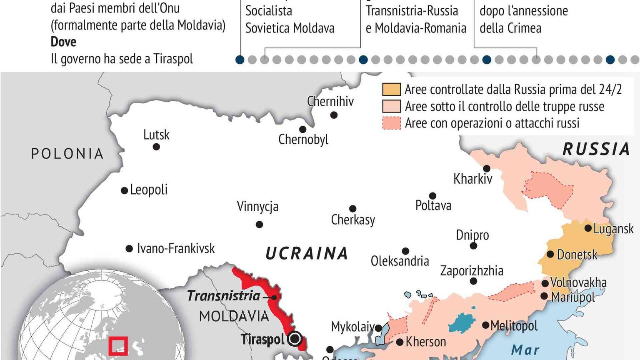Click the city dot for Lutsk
pos(156,147)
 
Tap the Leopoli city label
pos(148,190)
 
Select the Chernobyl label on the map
pos(303,139)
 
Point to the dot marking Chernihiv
pos(334,115)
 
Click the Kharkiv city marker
pos(486,168)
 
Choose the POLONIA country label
pos(67,154)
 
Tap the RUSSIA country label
pos(596,149)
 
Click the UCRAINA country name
pos(307,253)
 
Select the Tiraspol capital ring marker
pos(295,339)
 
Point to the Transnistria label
pos(223,296)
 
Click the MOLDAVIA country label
pos(234,316)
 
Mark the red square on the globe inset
pos(118,346)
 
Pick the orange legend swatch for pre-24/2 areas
pos(391,90)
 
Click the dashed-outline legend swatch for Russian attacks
pos(391,123)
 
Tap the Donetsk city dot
pos(550,254)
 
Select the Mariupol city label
pos(573,297)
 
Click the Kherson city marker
pos(400,342)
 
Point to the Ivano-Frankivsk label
pos(176,249)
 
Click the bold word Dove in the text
pos(63,42)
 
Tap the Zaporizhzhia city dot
pos(473,281)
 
